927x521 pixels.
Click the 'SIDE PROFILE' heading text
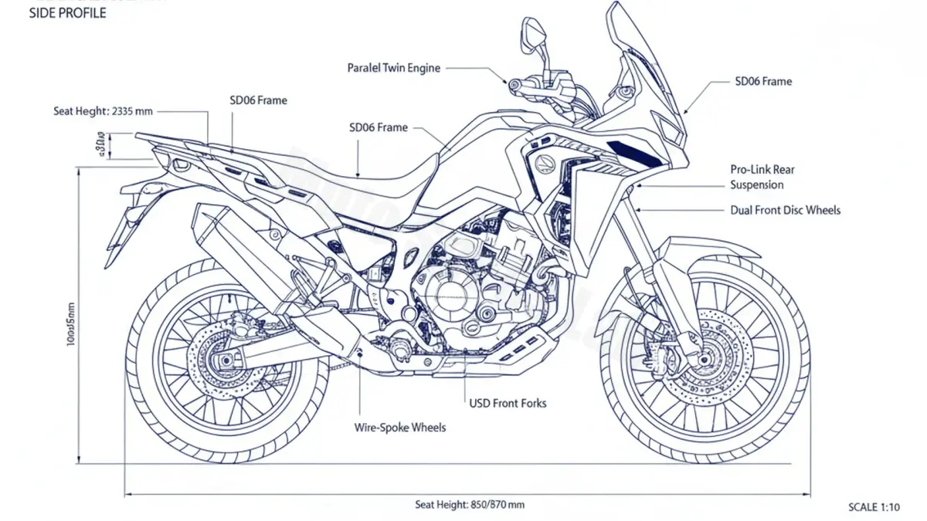point(67,13)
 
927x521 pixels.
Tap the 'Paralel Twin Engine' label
point(394,68)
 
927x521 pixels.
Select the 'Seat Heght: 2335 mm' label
point(103,111)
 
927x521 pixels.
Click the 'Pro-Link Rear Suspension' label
point(762,177)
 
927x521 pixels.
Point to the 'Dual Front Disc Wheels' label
point(786,210)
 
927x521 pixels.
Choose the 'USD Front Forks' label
point(508,403)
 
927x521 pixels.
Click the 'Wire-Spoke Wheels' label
point(400,427)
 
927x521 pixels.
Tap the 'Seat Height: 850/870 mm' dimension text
point(470,505)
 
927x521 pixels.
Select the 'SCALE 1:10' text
point(874,507)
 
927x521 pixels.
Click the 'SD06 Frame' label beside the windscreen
point(763,81)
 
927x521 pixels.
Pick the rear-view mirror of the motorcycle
point(531,32)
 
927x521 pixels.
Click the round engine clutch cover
point(448,293)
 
